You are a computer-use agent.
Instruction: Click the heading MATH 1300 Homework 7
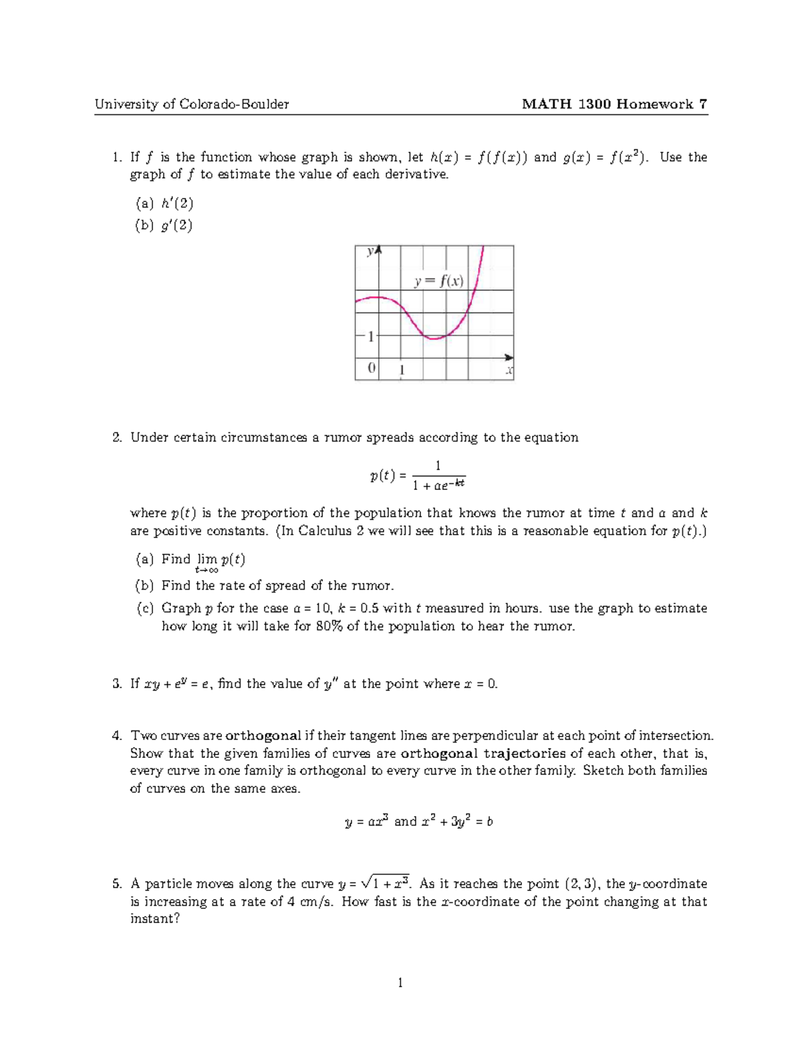tap(614, 104)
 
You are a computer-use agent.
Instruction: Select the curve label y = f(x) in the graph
tap(438, 281)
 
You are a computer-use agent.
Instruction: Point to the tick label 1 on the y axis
tap(370, 336)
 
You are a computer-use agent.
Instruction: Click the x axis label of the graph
tap(509, 370)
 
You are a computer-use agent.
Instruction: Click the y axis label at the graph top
tap(370, 252)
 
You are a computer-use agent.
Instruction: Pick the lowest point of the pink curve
tap(434, 339)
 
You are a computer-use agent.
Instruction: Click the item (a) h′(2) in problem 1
tap(164, 203)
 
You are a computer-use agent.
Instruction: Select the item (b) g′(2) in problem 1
tap(164, 225)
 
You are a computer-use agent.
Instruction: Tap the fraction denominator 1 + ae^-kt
tap(438, 485)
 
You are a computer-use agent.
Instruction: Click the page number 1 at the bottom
tap(400, 983)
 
